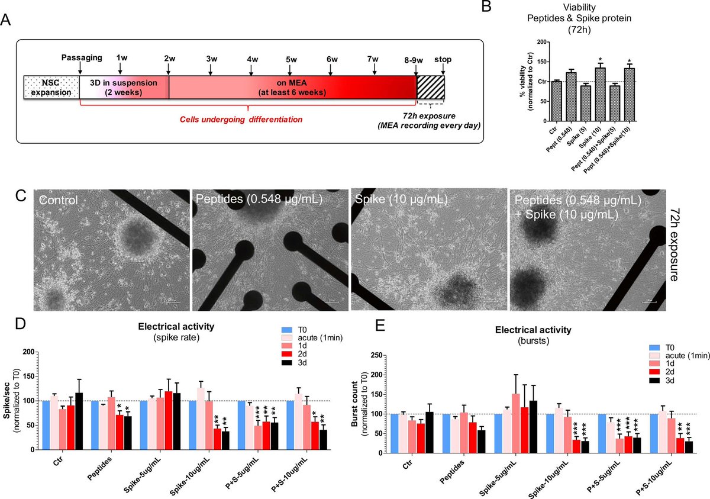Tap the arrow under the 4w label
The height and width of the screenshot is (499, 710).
pyautogui.click(x=252, y=69)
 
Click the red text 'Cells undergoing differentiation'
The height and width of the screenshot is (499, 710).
pyautogui.click(x=241, y=119)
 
